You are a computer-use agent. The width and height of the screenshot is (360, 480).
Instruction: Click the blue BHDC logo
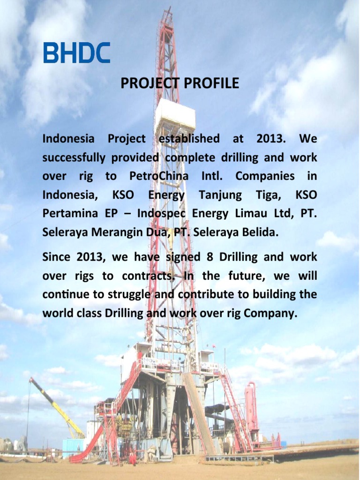(76, 52)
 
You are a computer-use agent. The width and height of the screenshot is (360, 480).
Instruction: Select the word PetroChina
(158, 176)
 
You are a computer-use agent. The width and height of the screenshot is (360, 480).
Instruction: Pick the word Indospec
(161, 214)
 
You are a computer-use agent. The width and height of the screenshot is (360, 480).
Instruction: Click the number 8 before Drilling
(210, 256)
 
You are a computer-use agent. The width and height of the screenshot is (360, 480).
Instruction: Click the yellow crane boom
(57, 407)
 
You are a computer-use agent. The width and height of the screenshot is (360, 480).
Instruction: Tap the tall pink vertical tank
(251, 407)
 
